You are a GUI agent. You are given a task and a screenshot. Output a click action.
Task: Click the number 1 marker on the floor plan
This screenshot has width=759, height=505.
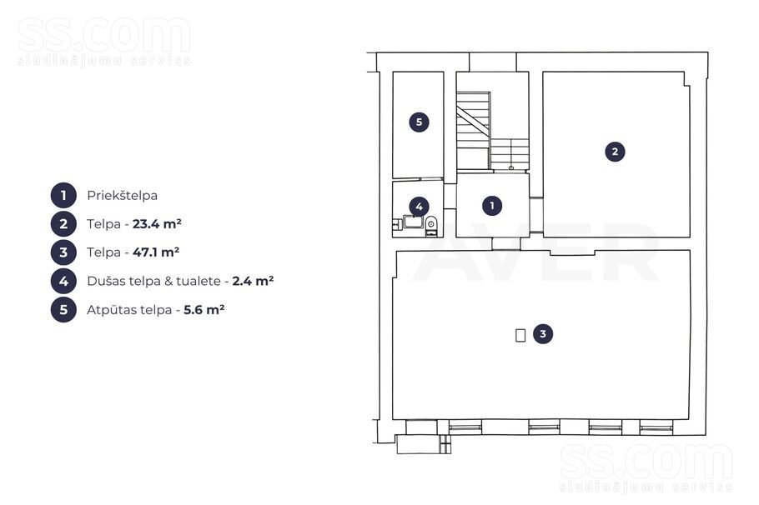pos(492,206)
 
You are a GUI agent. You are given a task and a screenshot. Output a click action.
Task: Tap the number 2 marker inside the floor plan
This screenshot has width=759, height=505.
pos(615,152)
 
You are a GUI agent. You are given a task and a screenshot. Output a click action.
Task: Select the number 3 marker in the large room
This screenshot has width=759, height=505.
pos(543,334)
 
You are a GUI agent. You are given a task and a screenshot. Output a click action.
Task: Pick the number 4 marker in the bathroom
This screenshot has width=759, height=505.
pos(419,207)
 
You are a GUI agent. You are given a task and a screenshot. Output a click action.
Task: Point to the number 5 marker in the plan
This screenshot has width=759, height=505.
pos(419,122)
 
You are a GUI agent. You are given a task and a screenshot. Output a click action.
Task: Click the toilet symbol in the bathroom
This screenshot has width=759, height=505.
pos(431,225)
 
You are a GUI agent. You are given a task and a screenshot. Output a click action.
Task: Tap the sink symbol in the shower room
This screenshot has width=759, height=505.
pos(413,222)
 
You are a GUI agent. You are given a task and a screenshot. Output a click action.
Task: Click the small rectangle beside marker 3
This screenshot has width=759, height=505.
pos(520,335)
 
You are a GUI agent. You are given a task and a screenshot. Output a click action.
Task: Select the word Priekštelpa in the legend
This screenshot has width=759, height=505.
pos(122,196)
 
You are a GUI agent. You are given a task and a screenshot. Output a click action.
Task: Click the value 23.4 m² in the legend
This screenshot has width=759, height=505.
pos(157,223)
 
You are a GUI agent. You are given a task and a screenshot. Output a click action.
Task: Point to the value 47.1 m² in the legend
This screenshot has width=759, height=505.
pos(156,252)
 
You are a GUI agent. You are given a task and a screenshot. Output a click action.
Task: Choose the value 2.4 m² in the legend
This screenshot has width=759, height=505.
pos(253,281)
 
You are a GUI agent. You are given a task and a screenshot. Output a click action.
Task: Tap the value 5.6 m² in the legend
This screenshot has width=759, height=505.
pos(204,309)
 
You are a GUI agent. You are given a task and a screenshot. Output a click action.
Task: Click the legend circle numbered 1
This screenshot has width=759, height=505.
pos(63,196)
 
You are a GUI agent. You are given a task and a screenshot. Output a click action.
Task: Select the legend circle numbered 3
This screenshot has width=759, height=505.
pos(63,252)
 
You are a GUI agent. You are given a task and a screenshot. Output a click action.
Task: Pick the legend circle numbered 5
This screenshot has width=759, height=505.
pos(63,309)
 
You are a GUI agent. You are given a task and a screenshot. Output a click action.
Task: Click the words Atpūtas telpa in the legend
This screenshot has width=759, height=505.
pos(129,309)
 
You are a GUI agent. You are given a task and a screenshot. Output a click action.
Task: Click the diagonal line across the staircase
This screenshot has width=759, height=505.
pos(473,122)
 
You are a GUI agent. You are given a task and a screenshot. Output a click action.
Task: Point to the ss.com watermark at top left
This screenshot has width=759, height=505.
pos(104,41)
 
